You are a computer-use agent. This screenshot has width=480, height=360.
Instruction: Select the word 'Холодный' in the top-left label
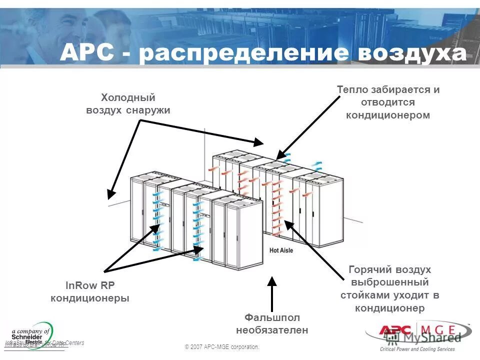[128, 97]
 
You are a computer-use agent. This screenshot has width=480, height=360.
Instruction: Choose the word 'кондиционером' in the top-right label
[388, 115]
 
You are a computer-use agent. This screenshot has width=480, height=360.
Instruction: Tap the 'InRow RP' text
[90, 285]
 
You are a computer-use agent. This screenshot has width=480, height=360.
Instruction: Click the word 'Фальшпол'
[272, 317]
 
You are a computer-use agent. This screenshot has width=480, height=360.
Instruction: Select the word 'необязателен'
[272, 330]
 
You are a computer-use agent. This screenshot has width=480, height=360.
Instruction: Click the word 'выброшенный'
[389, 282]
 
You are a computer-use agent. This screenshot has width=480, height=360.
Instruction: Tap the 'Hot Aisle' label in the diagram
[281, 250]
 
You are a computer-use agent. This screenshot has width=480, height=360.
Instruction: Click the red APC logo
[394, 330]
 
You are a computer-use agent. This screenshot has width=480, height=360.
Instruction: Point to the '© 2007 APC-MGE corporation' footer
[222, 347]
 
